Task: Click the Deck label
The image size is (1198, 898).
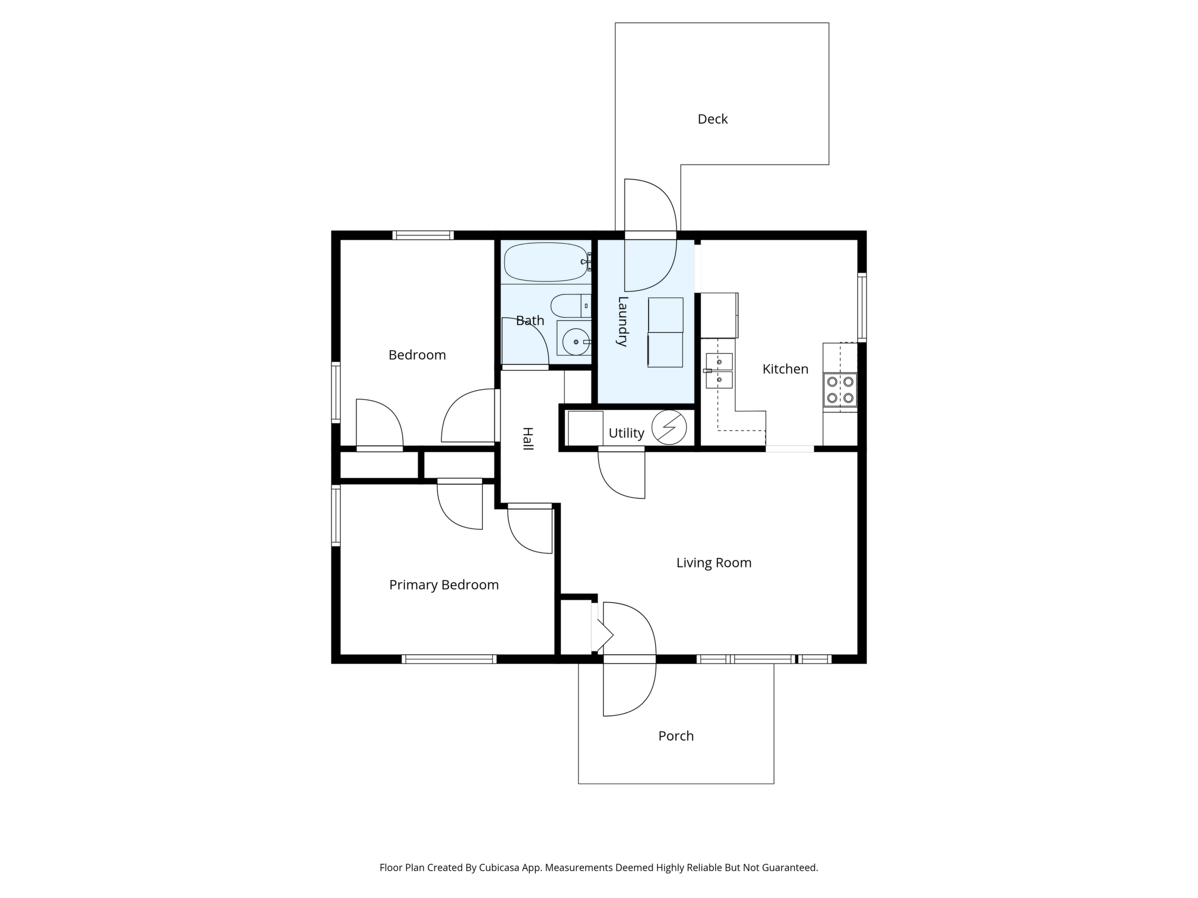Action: [x=712, y=119]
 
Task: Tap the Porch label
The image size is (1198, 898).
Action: [x=676, y=736]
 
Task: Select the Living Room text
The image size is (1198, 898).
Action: [x=714, y=563]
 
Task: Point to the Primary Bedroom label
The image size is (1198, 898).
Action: [x=443, y=585]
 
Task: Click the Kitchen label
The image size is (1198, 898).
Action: [x=785, y=369]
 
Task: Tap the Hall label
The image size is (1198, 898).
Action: [x=527, y=438]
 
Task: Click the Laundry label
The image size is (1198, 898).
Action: [x=623, y=321]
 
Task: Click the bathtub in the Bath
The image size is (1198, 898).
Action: [x=546, y=262]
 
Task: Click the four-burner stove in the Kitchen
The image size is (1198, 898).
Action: [x=840, y=390]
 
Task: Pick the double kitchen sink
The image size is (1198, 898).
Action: [x=719, y=371]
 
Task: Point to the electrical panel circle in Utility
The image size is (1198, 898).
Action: [x=669, y=427]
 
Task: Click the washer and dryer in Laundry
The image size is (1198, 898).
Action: [x=665, y=332]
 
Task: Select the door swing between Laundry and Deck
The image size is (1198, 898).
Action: [x=650, y=235]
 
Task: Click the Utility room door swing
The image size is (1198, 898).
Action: [x=621, y=475]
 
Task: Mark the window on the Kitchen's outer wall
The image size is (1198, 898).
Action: [x=862, y=307]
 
